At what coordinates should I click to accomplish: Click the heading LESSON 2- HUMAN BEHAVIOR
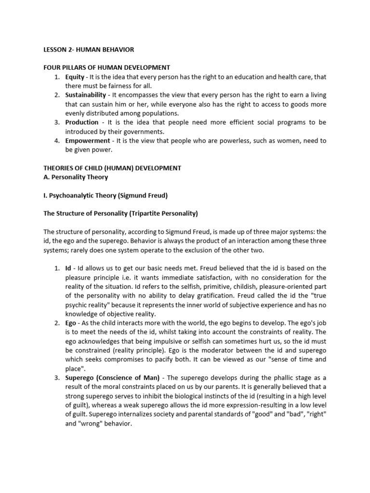(89, 50)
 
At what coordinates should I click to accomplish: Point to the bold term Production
(82, 122)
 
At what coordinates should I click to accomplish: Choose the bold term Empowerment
(87, 141)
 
